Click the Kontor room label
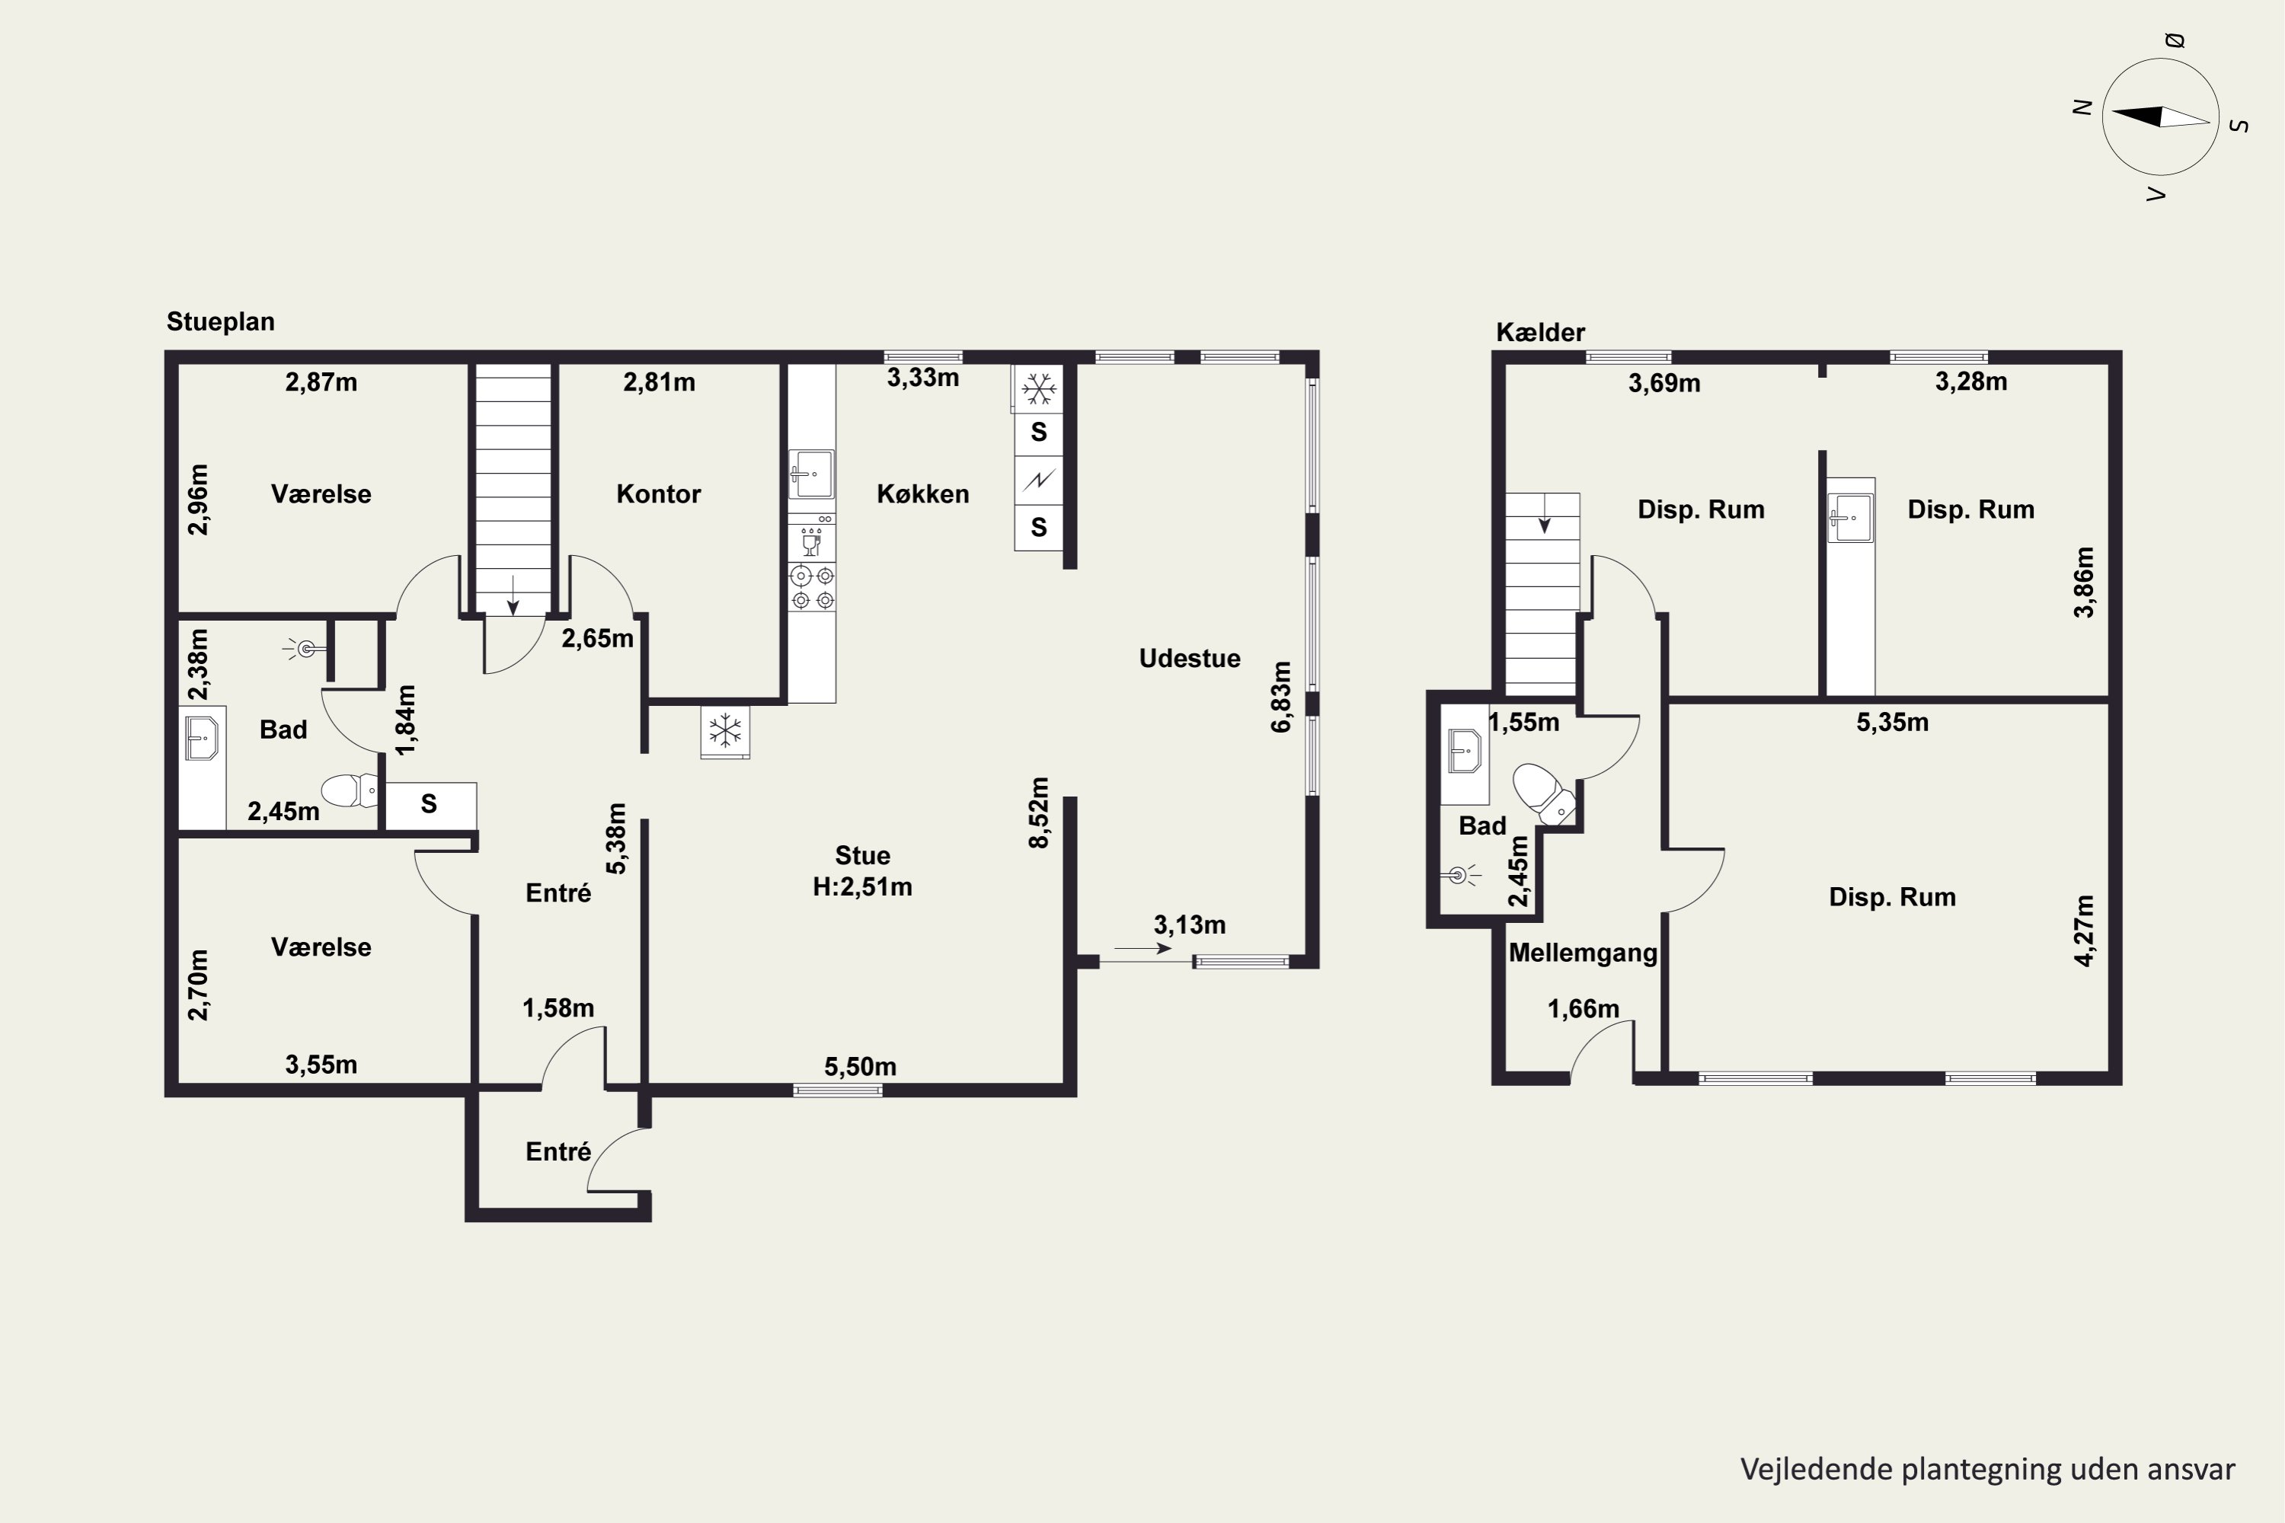[x=658, y=493]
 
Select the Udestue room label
[x=1189, y=659]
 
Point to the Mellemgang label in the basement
[x=1583, y=953]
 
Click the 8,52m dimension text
[x=1039, y=813]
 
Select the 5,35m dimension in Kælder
[x=1893, y=723]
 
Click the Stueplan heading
[x=221, y=321]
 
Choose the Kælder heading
[x=1540, y=332]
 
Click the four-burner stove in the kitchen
[x=812, y=588]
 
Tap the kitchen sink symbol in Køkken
[x=810, y=474]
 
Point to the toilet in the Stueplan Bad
[x=349, y=790]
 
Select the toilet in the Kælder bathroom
[x=1544, y=792]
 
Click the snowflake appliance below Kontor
[x=725, y=730]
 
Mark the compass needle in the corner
[x=2161, y=117]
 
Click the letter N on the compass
[x=2081, y=108]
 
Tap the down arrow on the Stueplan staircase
[x=513, y=595]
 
